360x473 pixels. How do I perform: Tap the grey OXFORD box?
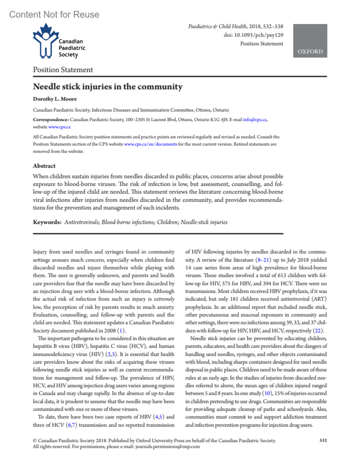point(310,41)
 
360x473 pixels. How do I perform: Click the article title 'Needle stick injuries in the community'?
point(108,87)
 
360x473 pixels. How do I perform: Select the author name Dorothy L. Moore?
point(55,99)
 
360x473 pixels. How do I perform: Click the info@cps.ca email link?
point(255,120)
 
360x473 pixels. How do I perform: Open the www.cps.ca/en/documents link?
point(150,144)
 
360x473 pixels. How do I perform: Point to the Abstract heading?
point(44,166)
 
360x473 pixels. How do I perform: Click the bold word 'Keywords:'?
point(47,222)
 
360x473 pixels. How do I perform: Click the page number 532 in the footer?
point(323,440)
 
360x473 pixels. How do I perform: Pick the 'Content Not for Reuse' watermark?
point(54,14)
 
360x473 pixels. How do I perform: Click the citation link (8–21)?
point(263,260)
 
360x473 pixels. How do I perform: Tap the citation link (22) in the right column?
point(317,331)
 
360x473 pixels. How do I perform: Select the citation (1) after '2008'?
point(121,331)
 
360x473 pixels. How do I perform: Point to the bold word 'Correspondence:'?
point(51,120)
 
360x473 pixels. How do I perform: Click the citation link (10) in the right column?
point(267,393)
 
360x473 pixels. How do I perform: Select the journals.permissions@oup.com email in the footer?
point(167,447)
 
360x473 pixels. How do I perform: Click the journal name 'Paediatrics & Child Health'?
point(217,26)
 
